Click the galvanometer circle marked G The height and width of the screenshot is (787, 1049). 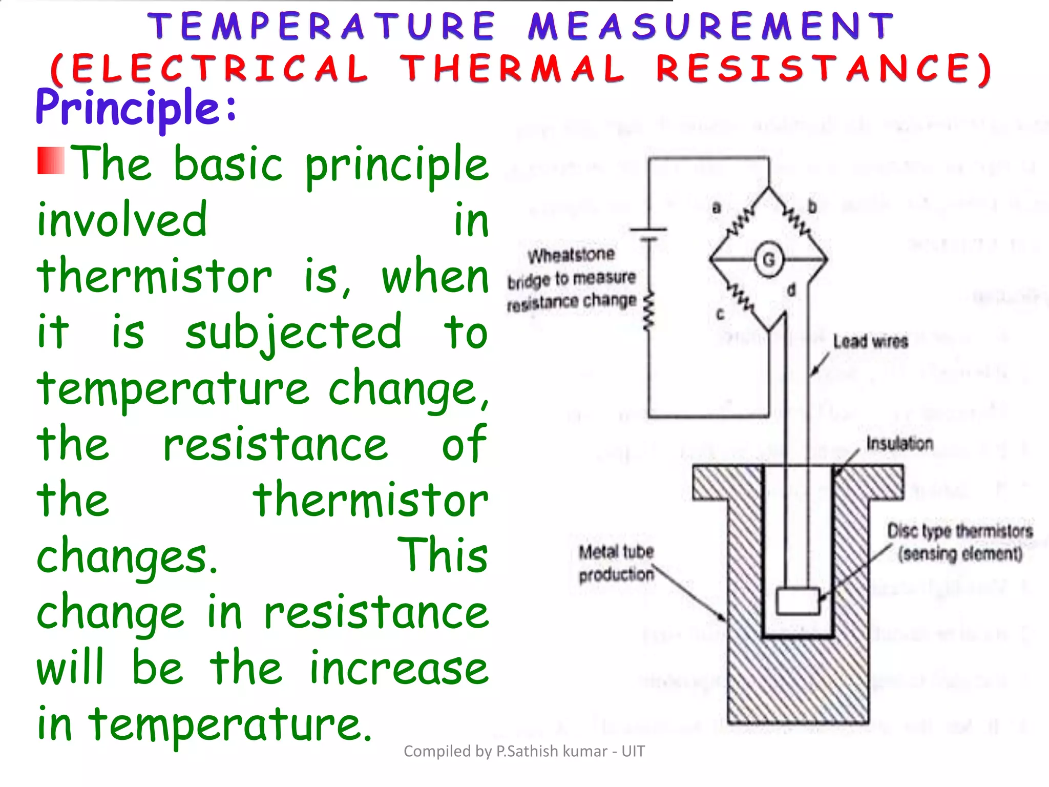tap(769, 260)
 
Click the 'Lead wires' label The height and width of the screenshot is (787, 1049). tap(870, 341)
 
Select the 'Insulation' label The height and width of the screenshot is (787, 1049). tap(899, 443)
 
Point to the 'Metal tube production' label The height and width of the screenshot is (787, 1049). tap(617, 563)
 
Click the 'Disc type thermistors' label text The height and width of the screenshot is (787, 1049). tap(960, 531)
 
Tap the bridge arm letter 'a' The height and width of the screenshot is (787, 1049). tap(717, 208)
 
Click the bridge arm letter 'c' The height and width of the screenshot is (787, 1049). tap(720, 314)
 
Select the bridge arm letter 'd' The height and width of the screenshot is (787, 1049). tap(791, 291)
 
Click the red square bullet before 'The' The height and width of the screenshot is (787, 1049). tap(51, 160)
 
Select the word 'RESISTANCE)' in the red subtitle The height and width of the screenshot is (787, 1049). tap(825, 69)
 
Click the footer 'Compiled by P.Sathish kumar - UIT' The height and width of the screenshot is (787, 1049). tap(524, 751)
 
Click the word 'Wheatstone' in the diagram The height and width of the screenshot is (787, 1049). tap(571, 255)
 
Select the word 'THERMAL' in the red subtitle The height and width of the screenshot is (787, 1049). tap(512, 69)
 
